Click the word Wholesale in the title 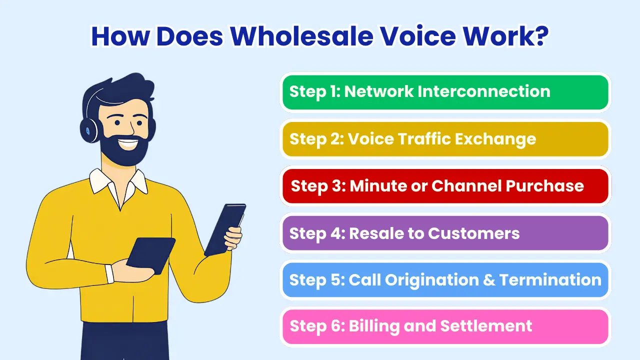[x=302, y=36]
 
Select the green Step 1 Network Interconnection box [x=445, y=92]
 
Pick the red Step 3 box [x=445, y=186]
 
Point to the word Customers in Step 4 [x=473, y=233]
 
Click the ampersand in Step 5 [x=489, y=279]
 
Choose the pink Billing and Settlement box [x=445, y=326]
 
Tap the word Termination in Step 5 [x=550, y=279]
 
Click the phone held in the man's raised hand [x=225, y=228]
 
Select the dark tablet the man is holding [x=150, y=255]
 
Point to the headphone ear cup [x=89, y=130]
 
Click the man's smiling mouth [x=127, y=143]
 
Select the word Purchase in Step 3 [x=544, y=186]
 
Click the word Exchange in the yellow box [x=495, y=139]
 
